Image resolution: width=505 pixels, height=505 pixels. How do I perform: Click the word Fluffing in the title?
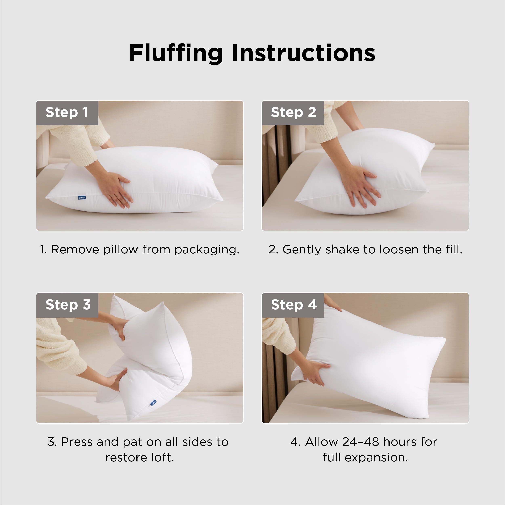[176, 54]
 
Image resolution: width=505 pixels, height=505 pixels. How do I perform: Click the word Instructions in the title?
[303, 54]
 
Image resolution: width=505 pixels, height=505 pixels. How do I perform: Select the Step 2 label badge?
[293, 112]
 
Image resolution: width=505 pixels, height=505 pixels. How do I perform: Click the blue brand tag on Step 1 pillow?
[82, 198]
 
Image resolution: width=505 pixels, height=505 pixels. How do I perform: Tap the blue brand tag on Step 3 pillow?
[153, 403]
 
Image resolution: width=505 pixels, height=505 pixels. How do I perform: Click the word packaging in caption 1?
[207, 250]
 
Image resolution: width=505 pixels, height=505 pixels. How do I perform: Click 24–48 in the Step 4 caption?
[360, 442]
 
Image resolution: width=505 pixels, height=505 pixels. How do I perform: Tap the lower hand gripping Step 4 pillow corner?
[316, 373]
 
